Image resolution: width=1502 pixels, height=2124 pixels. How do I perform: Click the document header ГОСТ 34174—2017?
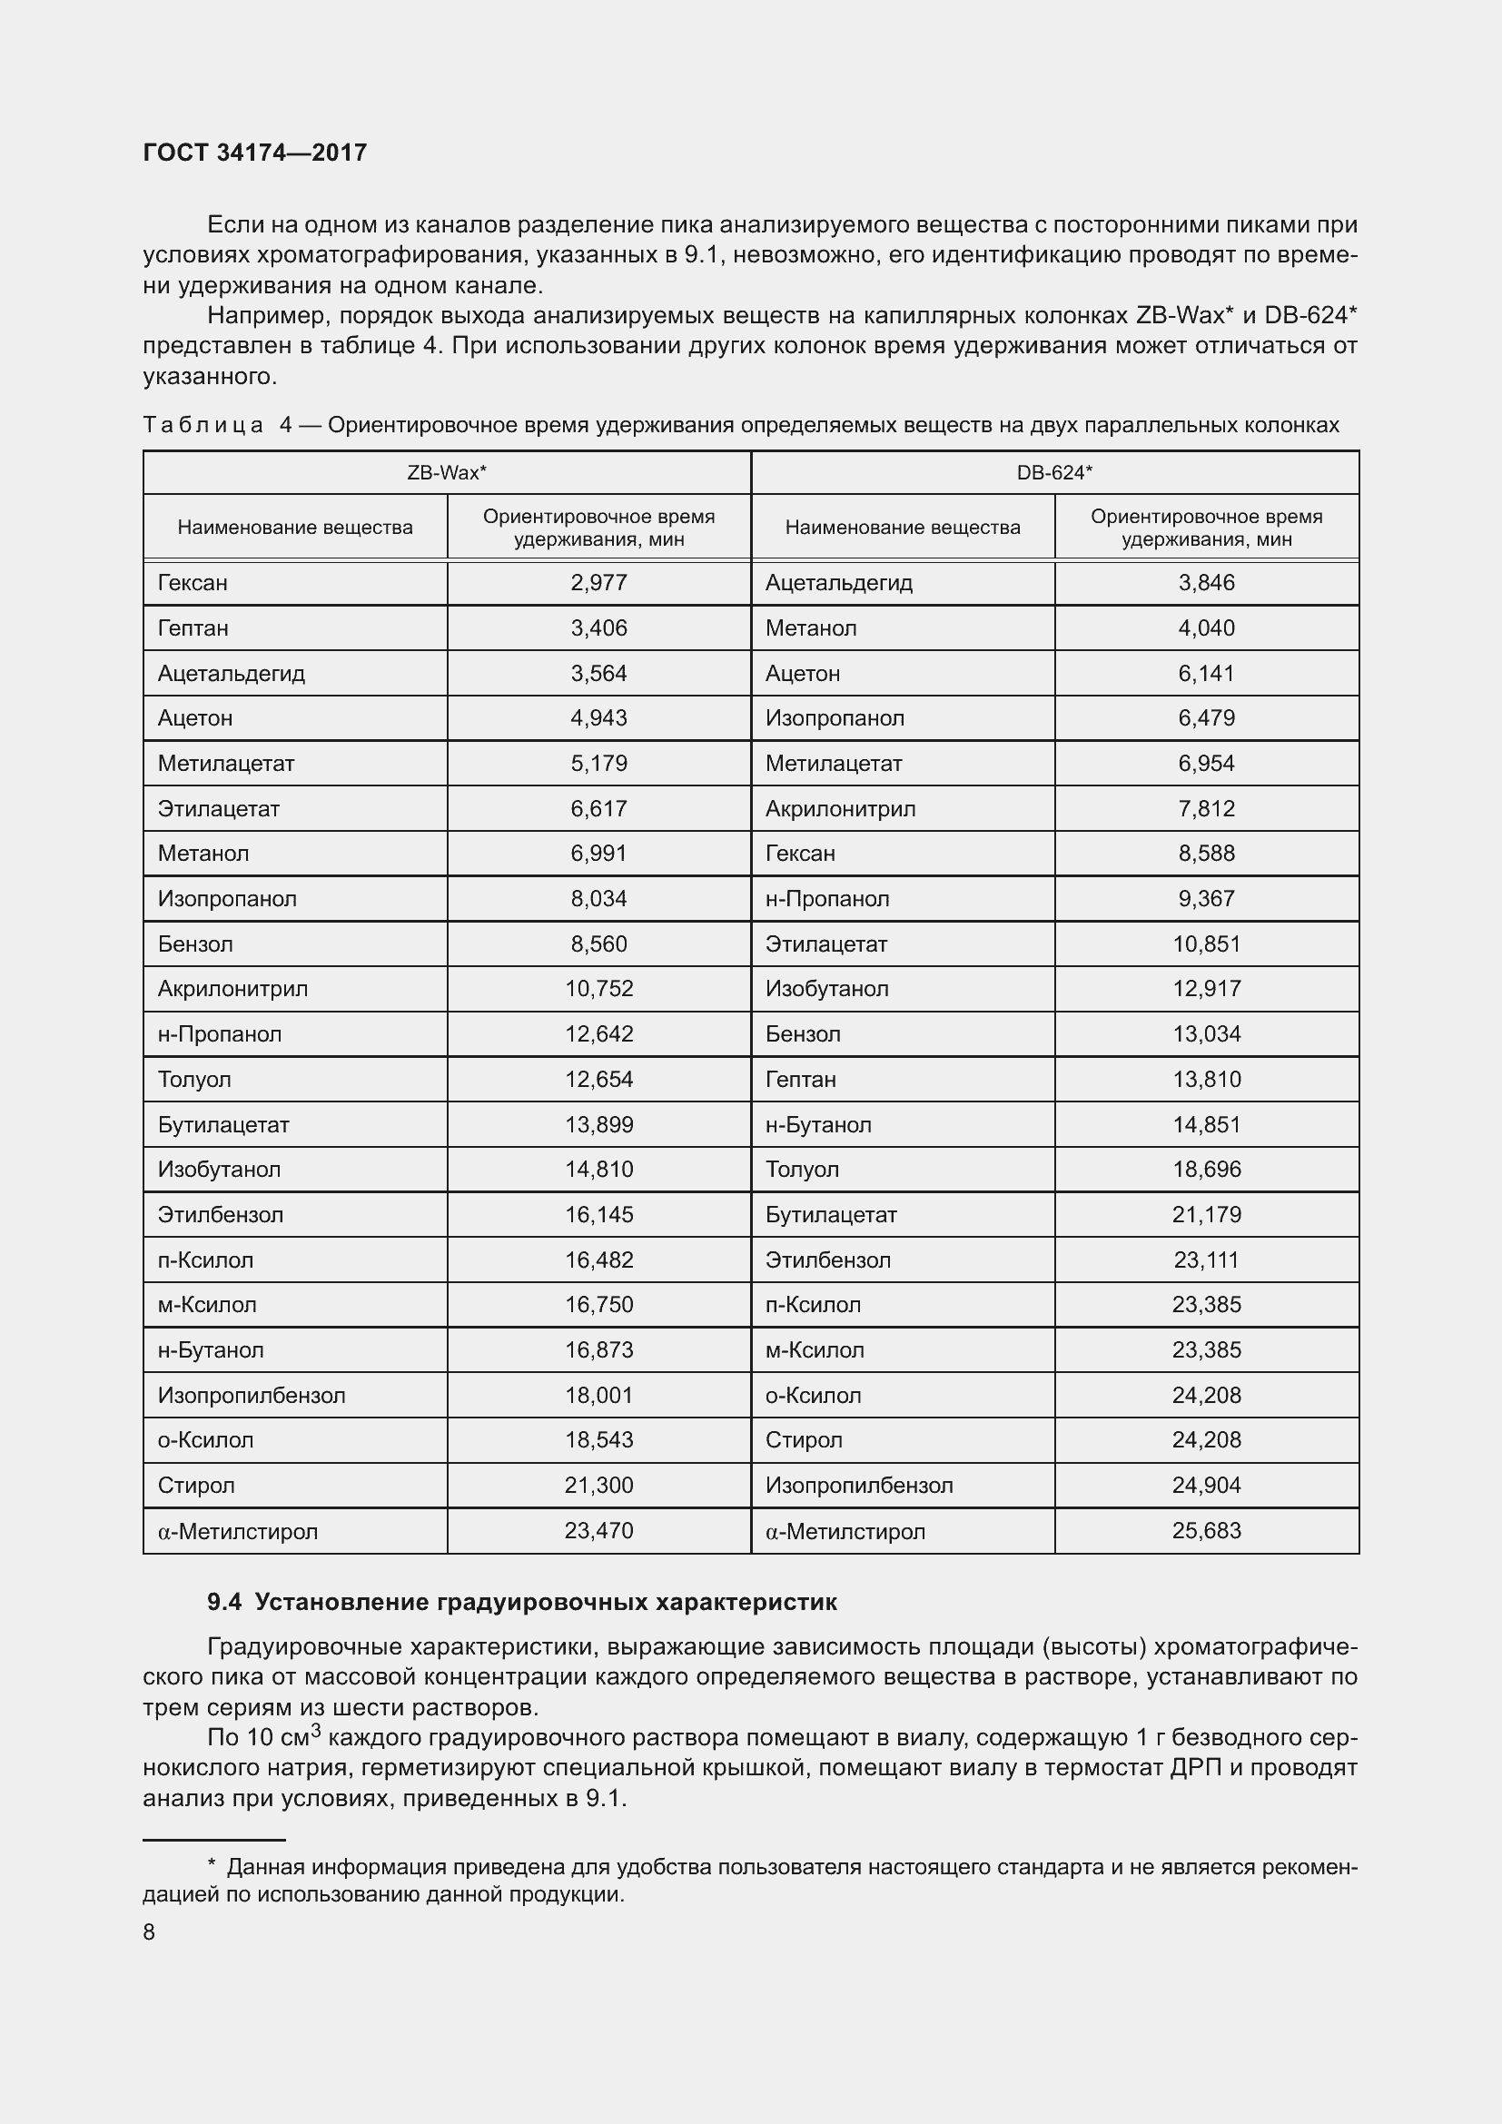point(255,153)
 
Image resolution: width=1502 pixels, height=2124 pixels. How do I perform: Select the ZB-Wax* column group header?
point(447,473)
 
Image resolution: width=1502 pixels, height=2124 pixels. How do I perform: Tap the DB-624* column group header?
point(1054,473)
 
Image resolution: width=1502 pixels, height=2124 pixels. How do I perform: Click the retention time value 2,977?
point(598,583)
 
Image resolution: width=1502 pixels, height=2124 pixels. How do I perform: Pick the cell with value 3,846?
point(1206,583)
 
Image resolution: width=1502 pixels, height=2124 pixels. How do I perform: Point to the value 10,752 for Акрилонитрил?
point(598,989)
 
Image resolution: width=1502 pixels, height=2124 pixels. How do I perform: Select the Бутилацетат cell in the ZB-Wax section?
point(223,1125)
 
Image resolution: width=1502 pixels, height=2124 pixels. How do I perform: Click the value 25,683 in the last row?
point(1206,1531)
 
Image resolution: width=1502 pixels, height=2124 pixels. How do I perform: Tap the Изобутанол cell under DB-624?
point(827,989)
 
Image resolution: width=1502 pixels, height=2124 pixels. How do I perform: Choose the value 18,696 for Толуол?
point(1206,1170)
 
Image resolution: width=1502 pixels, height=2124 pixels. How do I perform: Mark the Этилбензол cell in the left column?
point(220,1215)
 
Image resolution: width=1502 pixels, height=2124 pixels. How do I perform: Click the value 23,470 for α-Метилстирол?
point(598,1531)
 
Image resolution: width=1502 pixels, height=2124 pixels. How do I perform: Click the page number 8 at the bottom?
point(149,1932)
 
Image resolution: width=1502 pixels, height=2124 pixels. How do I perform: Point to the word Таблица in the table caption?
point(203,426)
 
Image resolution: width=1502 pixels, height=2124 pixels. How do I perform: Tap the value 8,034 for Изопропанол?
point(598,899)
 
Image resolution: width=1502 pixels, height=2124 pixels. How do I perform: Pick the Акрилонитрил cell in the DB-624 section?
point(840,809)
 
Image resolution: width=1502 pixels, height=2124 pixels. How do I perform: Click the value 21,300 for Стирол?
point(598,1486)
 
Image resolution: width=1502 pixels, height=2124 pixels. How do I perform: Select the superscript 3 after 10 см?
point(315,1729)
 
